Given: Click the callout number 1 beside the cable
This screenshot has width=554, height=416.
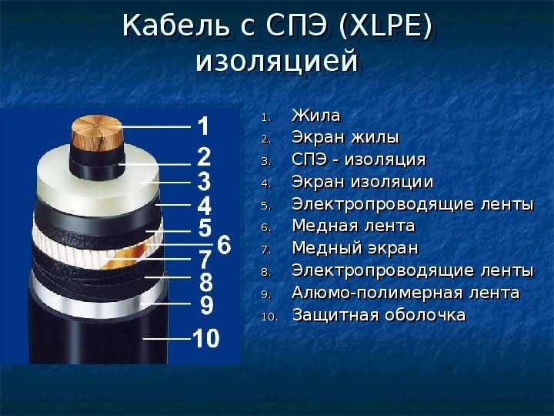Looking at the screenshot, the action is tap(203, 126).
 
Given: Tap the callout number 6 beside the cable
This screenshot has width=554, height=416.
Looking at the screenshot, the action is tap(224, 244).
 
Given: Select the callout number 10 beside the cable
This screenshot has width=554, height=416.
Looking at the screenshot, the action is tap(206, 338).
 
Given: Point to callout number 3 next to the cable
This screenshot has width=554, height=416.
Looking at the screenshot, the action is tap(204, 182).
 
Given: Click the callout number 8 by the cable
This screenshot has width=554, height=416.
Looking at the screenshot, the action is tap(206, 282).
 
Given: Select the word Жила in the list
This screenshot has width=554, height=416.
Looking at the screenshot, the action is tap(316, 116).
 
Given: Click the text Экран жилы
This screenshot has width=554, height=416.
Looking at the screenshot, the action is tap(345, 137).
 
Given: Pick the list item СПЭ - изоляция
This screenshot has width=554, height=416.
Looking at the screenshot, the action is tap(359, 159).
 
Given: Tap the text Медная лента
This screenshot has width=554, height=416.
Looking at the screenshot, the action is tap(353, 226).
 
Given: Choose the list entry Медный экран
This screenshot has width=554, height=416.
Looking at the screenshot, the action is tap(355, 248).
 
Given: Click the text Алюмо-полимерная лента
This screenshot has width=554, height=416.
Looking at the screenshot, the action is tap(405, 293).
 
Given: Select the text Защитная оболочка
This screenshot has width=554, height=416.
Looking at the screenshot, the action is tap(379, 315).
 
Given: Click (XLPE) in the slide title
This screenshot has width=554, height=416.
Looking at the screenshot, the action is tap(385, 25).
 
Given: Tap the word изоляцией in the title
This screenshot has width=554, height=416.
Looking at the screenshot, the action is tap(277, 61).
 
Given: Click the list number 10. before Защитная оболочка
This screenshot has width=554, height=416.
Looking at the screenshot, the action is tap(269, 317).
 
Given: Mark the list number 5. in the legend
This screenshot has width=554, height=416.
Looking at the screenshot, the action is tap(266, 206).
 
